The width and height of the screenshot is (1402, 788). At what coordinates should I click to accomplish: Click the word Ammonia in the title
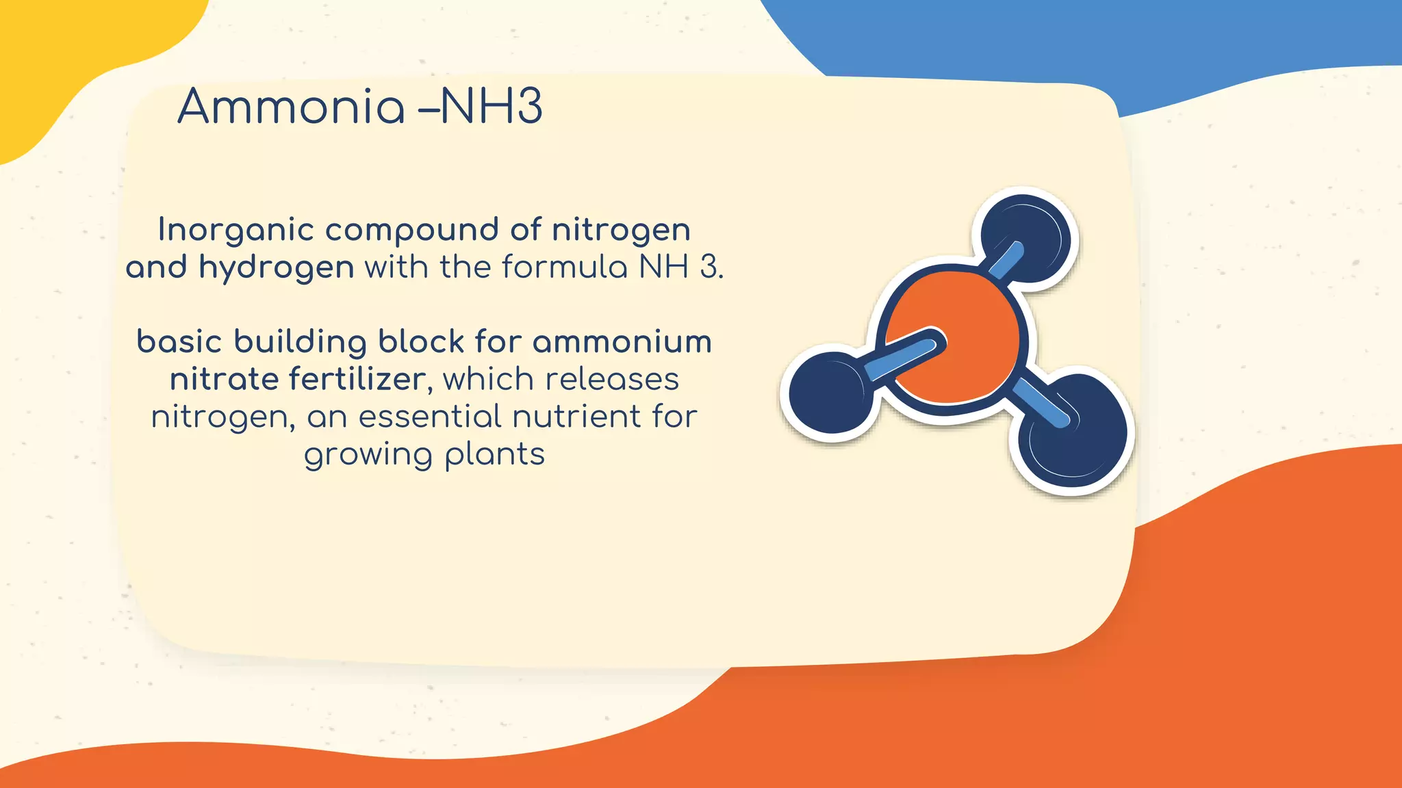(x=291, y=107)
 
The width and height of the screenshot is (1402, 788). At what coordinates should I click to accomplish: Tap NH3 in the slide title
(x=491, y=107)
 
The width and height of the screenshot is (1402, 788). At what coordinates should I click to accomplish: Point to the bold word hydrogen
(x=276, y=267)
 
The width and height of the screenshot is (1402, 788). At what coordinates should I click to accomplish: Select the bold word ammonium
(x=622, y=342)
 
